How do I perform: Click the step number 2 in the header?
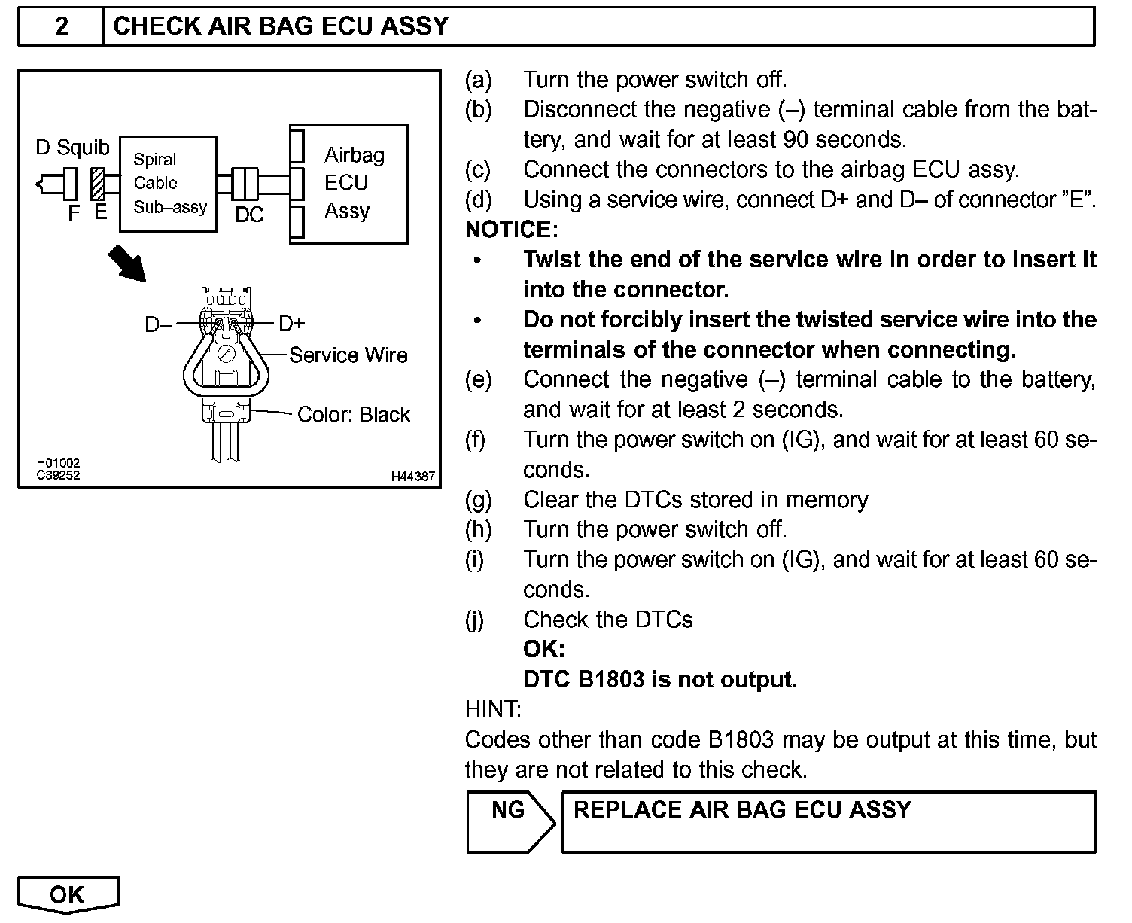(x=62, y=26)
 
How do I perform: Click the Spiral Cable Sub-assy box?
(x=168, y=184)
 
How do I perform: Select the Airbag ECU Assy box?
(x=349, y=184)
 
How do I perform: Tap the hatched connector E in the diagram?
(x=98, y=184)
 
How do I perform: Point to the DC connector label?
(x=249, y=215)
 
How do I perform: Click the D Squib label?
(x=72, y=148)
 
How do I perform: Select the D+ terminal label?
(x=292, y=324)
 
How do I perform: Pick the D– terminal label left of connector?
(x=158, y=324)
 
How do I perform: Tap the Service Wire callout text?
(x=348, y=355)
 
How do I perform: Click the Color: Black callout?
(x=354, y=415)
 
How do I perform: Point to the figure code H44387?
(x=412, y=477)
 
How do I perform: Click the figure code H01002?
(x=58, y=464)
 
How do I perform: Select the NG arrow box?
(x=510, y=821)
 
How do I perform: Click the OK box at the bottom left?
(x=68, y=894)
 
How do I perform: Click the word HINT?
(x=493, y=710)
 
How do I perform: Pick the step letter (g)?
(x=479, y=500)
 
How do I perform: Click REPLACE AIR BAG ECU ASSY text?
(x=742, y=810)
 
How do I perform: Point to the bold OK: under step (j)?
(x=543, y=649)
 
